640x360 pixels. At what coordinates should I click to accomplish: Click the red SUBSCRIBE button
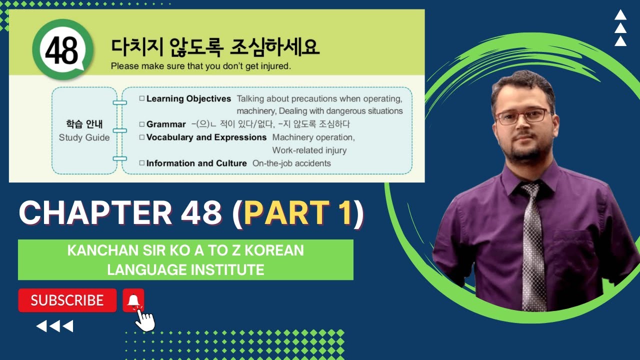point(67,300)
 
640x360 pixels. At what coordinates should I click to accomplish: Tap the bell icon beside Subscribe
point(133,300)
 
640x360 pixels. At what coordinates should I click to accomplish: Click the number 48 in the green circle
point(62,50)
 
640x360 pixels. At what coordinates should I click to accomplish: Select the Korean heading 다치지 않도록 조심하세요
point(215,47)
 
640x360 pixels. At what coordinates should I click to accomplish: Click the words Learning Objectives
point(188,99)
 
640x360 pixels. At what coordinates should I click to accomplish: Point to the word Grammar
point(166,124)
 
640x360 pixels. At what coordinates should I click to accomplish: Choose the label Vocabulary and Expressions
point(206,137)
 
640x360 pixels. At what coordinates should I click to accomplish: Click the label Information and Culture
point(196,163)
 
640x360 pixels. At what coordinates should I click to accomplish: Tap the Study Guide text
point(84,137)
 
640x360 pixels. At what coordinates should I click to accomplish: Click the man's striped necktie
point(533,245)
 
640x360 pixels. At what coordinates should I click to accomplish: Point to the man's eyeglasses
point(522,116)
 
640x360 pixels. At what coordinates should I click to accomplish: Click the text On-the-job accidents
point(291,163)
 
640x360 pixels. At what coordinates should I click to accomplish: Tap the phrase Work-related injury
point(309,150)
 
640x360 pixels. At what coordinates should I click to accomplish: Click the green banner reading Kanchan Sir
point(185,259)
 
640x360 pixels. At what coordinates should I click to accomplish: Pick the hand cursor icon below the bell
point(145,319)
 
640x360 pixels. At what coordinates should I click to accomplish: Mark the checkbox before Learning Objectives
point(142,99)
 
